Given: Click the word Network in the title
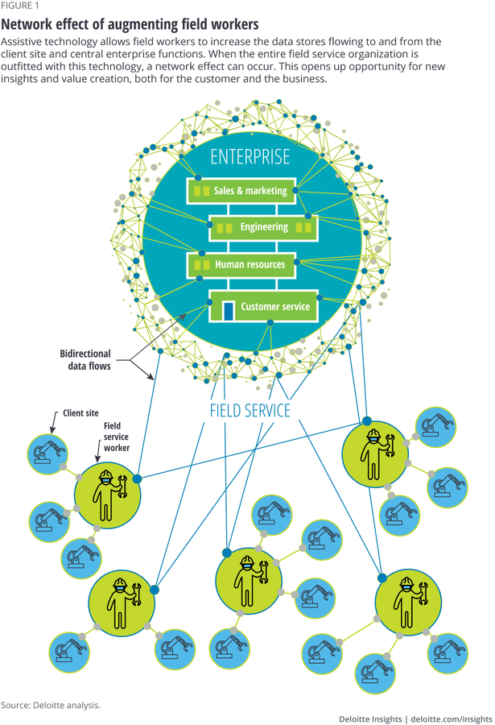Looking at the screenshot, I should pyautogui.click(x=31, y=24).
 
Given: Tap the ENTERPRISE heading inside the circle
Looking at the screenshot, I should pyautogui.click(x=250, y=156).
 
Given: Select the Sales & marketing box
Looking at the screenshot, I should pyautogui.click(x=241, y=191).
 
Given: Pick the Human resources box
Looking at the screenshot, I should pyautogui.click(x=241, y=263).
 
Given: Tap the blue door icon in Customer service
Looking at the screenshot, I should pyautogui.click(x=229, y=309).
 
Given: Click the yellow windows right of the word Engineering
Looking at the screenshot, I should pyautogui.click(x=303, y=228).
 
